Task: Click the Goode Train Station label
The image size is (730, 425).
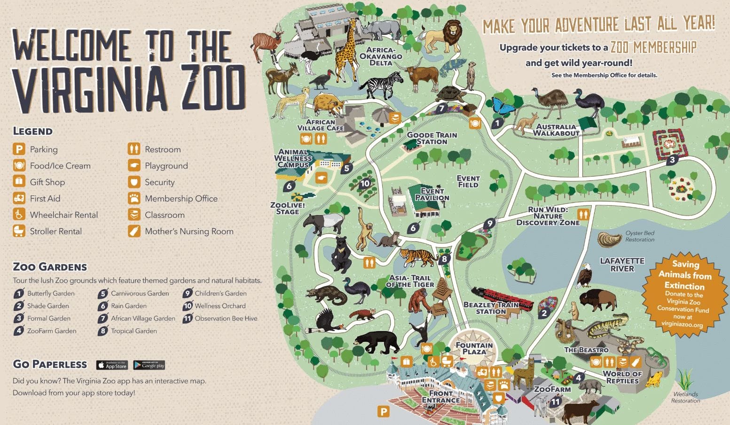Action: [x=432, y=138]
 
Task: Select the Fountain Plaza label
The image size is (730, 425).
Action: [x=474, y=348]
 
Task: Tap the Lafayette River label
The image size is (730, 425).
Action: [x=622, y=265]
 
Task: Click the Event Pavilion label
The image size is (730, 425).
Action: [x=432, y=194]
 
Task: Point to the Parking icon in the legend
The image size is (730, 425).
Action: [x=19, y=149]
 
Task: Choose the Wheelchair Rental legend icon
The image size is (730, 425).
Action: [x=19, y=215]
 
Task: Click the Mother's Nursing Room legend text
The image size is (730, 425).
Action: [x=189, y=231]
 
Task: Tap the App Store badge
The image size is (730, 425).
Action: [x=112, y=365]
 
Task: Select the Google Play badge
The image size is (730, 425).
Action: [x=149, y=365]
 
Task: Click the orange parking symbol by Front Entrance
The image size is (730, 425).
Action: [x=384, y=412]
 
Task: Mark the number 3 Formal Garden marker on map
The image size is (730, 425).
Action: [x=672, y=160]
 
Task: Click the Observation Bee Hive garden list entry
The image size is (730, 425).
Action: [x=226, y=318]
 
